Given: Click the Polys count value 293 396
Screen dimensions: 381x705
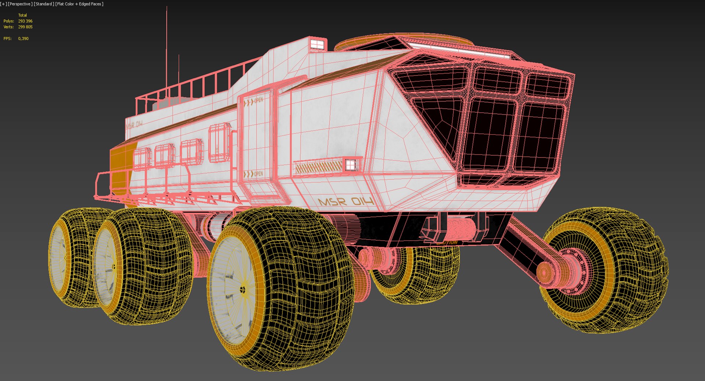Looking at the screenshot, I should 25,21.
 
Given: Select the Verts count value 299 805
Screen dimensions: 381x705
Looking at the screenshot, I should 25,27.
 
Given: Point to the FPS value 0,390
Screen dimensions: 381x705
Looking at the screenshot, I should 23,39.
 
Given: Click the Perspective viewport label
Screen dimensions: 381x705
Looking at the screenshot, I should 20,4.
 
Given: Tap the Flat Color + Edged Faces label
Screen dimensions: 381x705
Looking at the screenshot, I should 79,4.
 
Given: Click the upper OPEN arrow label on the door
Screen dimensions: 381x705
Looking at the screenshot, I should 254,101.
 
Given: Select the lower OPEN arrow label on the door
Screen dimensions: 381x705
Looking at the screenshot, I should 254,174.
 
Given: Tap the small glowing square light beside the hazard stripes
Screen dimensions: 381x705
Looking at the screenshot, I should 350,165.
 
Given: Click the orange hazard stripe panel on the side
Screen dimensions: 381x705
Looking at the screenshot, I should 318,167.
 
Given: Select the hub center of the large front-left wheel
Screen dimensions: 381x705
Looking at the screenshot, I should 243,290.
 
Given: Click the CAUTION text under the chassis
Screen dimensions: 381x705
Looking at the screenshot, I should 447,242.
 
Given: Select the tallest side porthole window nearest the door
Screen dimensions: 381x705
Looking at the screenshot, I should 219,143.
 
